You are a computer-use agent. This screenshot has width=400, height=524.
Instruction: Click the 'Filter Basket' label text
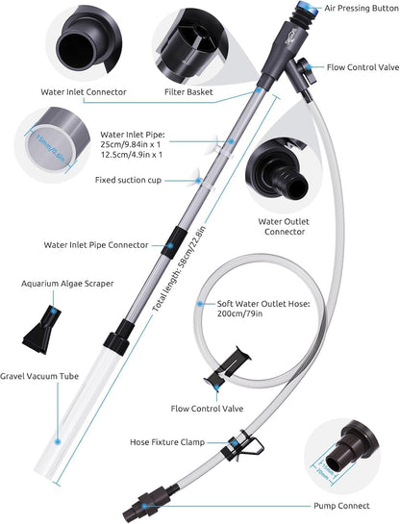pos(189,92)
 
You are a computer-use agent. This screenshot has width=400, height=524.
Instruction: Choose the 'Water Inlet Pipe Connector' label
pos(96,245)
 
